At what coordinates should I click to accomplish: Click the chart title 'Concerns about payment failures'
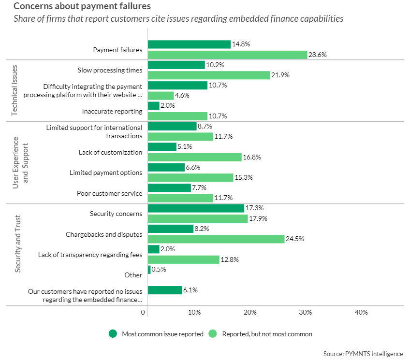[x=82, y=7]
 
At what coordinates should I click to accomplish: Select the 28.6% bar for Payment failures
[x=227, y=55]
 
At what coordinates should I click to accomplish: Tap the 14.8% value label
[x=241, y=44]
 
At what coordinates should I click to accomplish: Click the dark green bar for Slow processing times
[x=176, y=65]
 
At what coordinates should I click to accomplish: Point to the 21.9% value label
[x=280, y=75]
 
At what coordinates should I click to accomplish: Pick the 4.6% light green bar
[x=161, y=96]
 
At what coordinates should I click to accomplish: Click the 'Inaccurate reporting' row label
[x=112, y=111]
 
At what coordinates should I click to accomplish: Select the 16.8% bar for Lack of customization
[x=194, y=157]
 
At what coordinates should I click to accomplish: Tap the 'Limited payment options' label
[x=106, y=173]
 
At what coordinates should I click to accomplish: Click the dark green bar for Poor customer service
[x=169, y=187]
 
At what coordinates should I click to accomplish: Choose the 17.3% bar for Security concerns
[x=196, y=208]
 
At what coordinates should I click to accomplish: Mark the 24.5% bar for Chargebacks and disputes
[x=216, y=239]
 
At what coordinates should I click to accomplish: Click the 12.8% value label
[x=230, y=259]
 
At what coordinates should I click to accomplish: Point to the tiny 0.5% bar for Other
[x=149, y=270]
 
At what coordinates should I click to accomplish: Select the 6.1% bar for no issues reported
[x=165, y=290]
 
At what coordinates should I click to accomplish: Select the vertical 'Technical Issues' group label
[x=14, y=90]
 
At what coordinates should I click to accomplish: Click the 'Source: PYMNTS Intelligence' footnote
[x=363, y=354]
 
